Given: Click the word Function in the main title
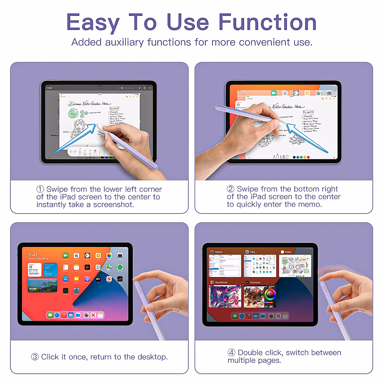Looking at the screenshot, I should point(267,22).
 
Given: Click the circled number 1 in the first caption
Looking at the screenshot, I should point(40,189).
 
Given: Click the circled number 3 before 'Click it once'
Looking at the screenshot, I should point(35,357).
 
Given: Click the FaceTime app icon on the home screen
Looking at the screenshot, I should point(65,256).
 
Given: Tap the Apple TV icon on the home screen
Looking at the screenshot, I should point(98,279).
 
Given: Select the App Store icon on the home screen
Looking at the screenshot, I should point(65,279).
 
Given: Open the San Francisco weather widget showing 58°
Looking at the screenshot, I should point(50,270).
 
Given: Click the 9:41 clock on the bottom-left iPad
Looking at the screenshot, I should point(32,255).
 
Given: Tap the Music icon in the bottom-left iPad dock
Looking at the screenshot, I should point(64,315).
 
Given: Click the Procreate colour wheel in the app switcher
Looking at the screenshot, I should point(270,294).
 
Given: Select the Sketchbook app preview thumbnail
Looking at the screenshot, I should point(225,297).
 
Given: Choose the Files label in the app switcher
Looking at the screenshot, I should point(252,252).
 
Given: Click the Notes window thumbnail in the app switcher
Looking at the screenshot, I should point(295,266).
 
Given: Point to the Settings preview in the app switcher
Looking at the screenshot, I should point(225,266).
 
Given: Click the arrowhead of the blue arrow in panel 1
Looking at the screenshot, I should point(93,127).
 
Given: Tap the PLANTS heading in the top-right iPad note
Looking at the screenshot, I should point(308,112).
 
